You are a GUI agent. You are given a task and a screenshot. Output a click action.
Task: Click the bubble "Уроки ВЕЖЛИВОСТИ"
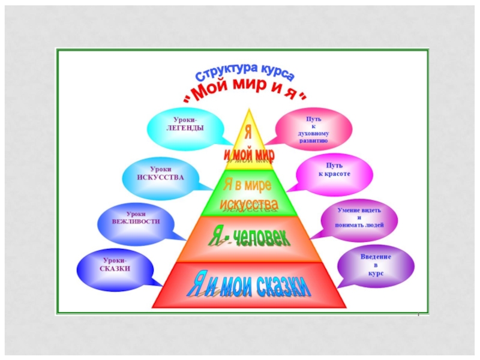coord(136,217)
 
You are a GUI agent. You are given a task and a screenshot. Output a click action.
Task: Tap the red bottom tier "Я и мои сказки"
coord(248,286)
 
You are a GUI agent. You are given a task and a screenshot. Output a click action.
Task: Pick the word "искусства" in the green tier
coord(248,205)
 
